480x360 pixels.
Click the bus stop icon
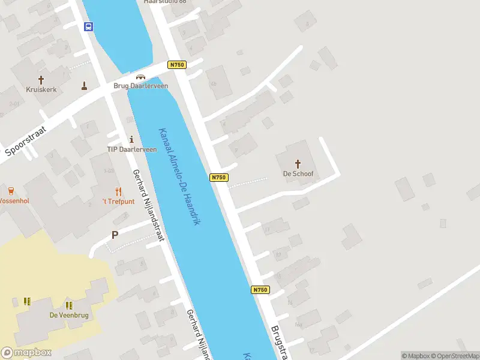[x=88, y=26]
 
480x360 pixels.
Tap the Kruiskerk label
[x=41, y=89]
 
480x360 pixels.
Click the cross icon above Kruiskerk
[x=41, y=79]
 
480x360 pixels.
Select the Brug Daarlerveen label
[x=141, y=86]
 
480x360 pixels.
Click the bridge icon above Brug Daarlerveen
[x=140, y=76]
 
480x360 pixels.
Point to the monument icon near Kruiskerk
[x=84, y=86]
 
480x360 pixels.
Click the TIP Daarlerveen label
[x=128, y=149]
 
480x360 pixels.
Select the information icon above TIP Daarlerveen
[x=131, y=139]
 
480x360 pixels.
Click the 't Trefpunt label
[x=118, y=202]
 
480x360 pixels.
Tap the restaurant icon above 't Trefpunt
[x=118, y=192]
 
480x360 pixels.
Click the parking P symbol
[x=115, y=235]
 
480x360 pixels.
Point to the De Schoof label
[x=298, y=174]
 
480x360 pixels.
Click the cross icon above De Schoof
[x=298, y=163]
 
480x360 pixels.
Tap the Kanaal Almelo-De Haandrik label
[x=179, y=176]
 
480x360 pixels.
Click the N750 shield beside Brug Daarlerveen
[x=176, y=65]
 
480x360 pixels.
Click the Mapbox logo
[x=26, y=353]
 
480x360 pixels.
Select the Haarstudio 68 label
[x=164, y=2]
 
